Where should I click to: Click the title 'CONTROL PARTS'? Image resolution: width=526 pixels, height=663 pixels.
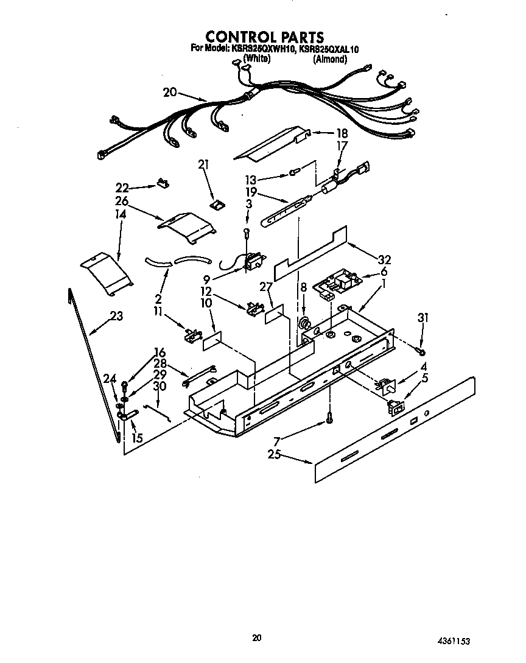pos(264,37)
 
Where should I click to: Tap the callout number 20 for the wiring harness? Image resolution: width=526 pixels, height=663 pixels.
pos(170,93)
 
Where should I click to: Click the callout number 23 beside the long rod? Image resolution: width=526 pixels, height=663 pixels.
pos(116,316)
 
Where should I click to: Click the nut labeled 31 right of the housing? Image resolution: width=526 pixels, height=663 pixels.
pos(420,351)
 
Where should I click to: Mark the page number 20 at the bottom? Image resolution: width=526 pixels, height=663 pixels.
pos(257,637)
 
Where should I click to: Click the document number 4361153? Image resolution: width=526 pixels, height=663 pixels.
pos(454,641)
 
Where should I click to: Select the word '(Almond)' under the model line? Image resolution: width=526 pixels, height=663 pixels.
pos(330,59)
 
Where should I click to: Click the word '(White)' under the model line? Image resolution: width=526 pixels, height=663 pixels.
pos(257,59)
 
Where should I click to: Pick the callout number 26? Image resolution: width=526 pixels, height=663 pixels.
pos(121,201)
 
